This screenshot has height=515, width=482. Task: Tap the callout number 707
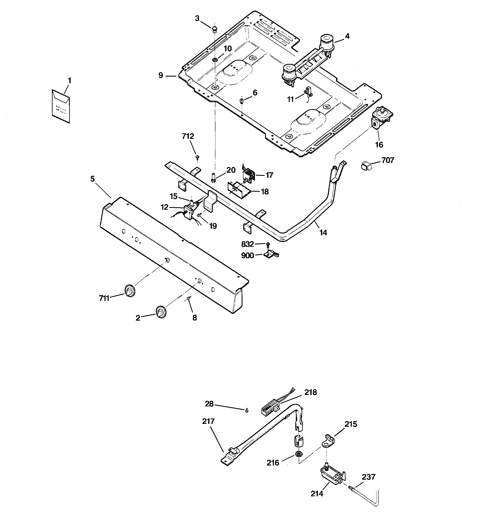[x=387, y=160]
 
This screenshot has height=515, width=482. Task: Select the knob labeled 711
[x=130, y=290]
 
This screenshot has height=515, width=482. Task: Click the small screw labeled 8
[x=189, y=298]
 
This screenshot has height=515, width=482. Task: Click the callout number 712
[x=188, y=136]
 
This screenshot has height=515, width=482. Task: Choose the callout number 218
[x=310, y=392]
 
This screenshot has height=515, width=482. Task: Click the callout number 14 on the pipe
[x=323, y=233]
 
